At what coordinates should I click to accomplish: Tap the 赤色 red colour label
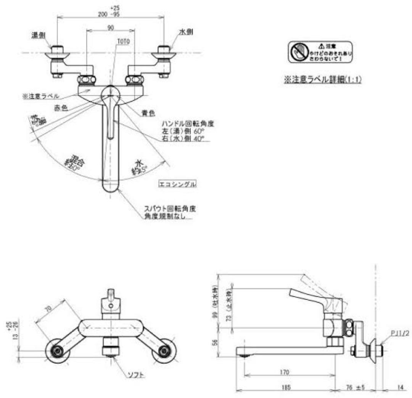pos(61,108)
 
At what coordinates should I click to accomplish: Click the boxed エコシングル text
pos(178,184)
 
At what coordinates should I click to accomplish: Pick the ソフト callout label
pos(136,375)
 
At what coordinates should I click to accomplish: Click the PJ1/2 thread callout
pos(400,333)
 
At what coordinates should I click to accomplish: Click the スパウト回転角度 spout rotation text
pos(170,209)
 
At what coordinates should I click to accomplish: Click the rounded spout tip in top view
pos(111,188)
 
